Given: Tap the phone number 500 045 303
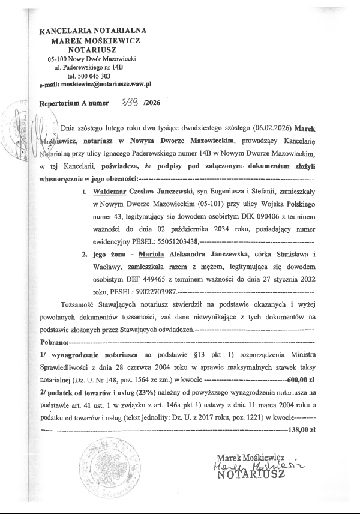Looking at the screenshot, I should click(x=94, y=76).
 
